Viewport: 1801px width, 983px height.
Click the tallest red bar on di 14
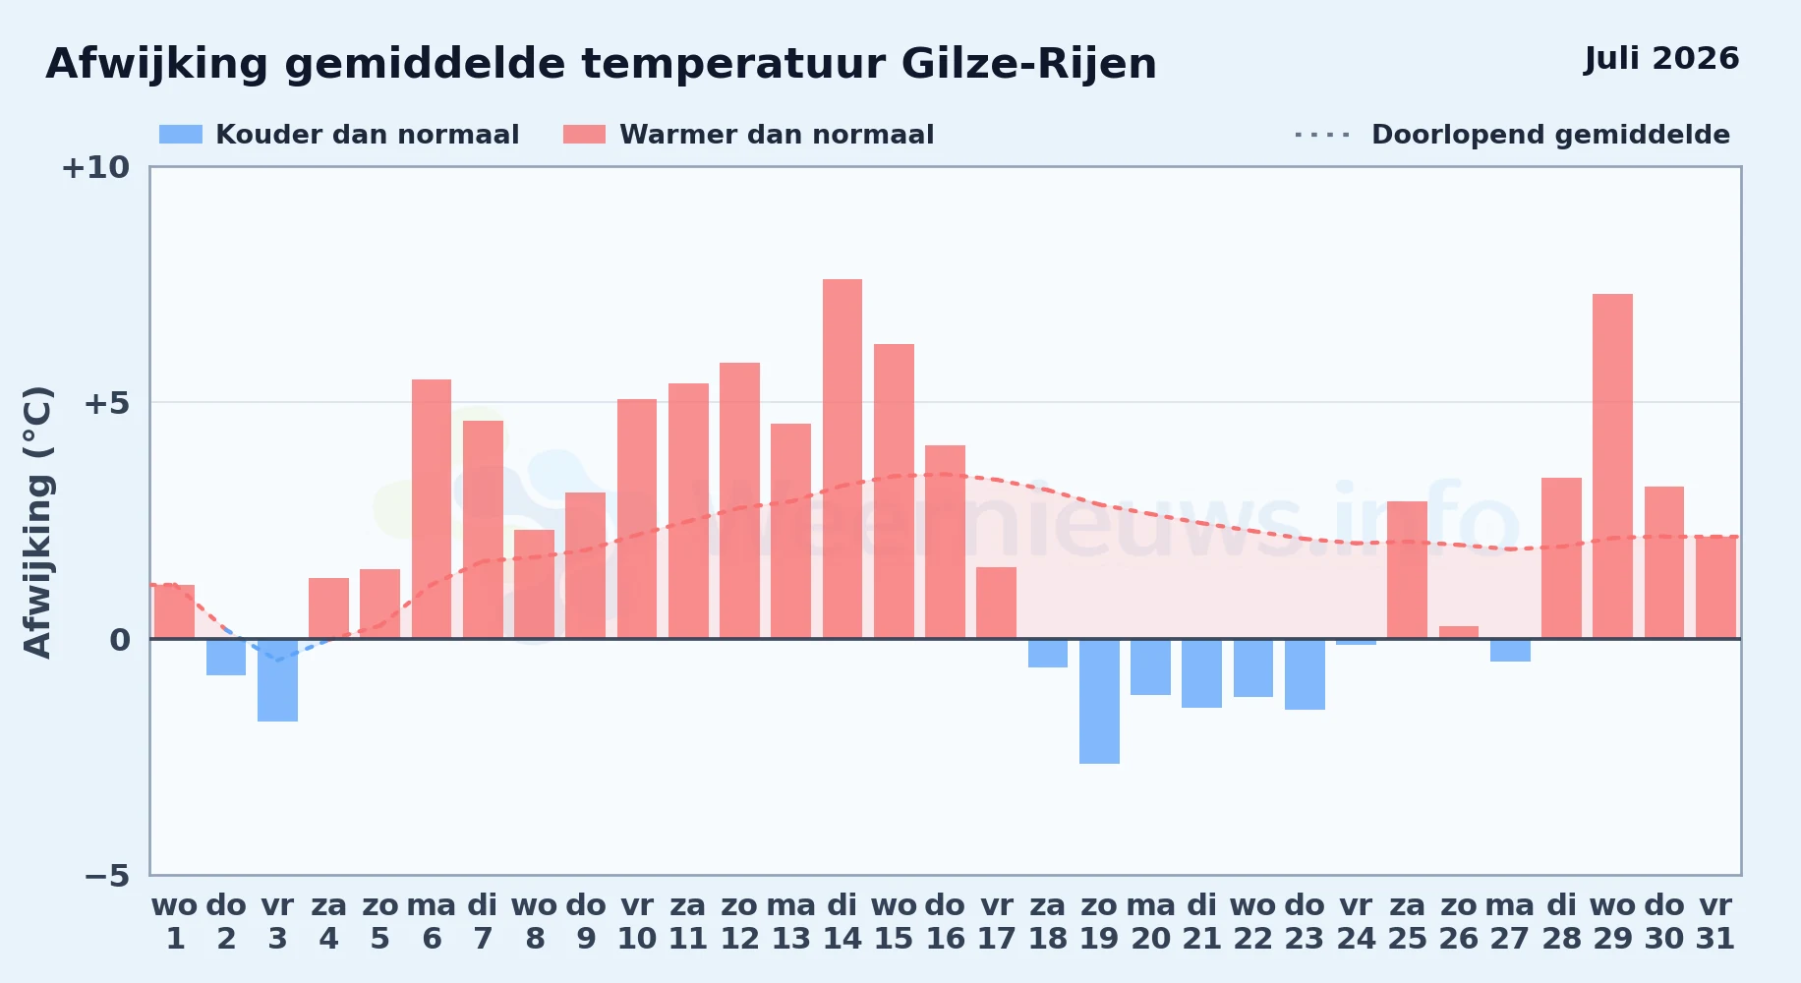click(x=842, y=459)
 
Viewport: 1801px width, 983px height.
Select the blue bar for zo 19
click(x=1099, y=701)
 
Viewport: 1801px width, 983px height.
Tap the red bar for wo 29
click(x=1612, y=466)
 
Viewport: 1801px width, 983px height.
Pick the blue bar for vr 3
click(x=277, y=680)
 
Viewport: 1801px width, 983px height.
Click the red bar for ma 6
click(x=432, y=509)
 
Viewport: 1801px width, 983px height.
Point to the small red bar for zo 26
click(x=1459, y=632)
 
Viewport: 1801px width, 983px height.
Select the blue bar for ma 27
click(x=1510, y=650)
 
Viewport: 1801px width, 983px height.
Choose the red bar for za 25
click(x=1407, y=570)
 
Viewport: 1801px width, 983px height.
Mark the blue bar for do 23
click(x=1305, y=674)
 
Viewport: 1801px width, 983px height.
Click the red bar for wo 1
click(x=175, y=611)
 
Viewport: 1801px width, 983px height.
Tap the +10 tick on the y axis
click(x=95, y=168)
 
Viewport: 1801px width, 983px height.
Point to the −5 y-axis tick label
click(x=107, y=876)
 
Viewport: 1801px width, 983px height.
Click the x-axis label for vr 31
click(x=1715, y=922)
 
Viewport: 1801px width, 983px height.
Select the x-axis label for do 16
click(x=945, y=922)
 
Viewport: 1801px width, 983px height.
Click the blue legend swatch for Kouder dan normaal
click(x=181, y=135)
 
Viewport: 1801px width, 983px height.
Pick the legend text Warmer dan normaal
click(x=777, y=135)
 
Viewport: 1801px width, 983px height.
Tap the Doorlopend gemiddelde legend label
click(x=1550, y=135)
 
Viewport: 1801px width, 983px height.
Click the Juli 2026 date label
click(x=1661, y=59)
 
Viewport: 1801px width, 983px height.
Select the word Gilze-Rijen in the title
click(x=1028, y=64)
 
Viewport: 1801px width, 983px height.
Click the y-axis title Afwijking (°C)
click(x=37, y=522)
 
